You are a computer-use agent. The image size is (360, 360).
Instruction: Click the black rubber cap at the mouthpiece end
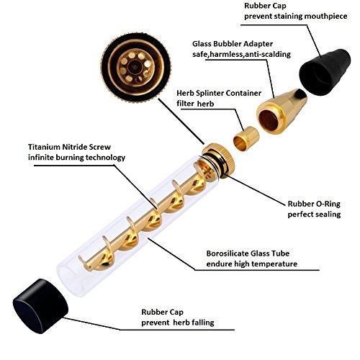[x=325, y=72]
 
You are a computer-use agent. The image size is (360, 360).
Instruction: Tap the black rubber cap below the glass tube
[x=40, y=306]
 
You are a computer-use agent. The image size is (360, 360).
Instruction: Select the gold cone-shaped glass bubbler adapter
[x=282, y=111]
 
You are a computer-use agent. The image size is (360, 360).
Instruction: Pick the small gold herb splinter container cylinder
[x=246, y=138]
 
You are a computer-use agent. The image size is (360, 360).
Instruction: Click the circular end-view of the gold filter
[x=136, y=67]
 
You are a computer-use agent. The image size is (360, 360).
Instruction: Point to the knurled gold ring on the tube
[x=218, y=160]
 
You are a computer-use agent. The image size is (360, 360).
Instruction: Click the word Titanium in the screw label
[x=44, y=147]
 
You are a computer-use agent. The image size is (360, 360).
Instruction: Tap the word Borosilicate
[x=228, y=253]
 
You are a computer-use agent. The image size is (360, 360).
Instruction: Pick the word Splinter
[x=209, y=94]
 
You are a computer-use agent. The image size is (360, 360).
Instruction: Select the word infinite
[x=41, y=158]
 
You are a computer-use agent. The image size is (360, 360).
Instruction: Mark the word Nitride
[x=75, y=147]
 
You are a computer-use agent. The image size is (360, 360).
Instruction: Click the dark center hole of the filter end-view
[x=133, y=66]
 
